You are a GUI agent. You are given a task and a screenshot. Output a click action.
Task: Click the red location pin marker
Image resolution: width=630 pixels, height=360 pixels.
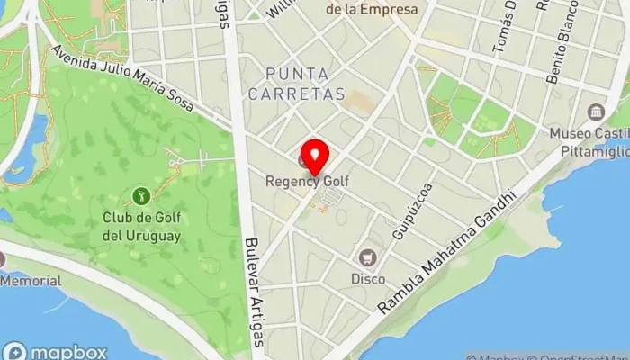315,157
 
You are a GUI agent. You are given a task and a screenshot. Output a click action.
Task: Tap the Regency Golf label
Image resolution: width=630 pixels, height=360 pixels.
307,181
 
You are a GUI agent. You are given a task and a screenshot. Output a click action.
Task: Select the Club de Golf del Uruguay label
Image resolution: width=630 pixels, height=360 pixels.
141,226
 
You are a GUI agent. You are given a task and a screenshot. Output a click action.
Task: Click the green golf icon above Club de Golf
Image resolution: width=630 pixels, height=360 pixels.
140,194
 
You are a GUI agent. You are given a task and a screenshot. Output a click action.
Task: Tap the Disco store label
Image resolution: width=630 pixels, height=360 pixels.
367,279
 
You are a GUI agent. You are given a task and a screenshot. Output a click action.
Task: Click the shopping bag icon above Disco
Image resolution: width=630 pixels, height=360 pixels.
367,257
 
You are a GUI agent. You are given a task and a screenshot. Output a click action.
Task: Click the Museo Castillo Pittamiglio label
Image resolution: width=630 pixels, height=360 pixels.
591,141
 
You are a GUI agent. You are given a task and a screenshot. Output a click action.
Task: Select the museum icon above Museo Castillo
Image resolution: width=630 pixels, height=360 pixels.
595,112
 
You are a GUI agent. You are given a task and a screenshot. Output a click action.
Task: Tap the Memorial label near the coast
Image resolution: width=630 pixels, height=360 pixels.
31,281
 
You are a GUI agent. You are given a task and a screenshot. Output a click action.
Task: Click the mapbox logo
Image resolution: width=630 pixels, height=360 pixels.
56,352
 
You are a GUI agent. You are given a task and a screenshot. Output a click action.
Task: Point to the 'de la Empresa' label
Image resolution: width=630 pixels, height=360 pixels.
371,10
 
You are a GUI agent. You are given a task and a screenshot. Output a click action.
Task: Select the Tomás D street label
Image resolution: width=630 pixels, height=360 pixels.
506,27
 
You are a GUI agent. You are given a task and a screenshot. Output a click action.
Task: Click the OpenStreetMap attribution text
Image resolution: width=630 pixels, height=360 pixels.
576,355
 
